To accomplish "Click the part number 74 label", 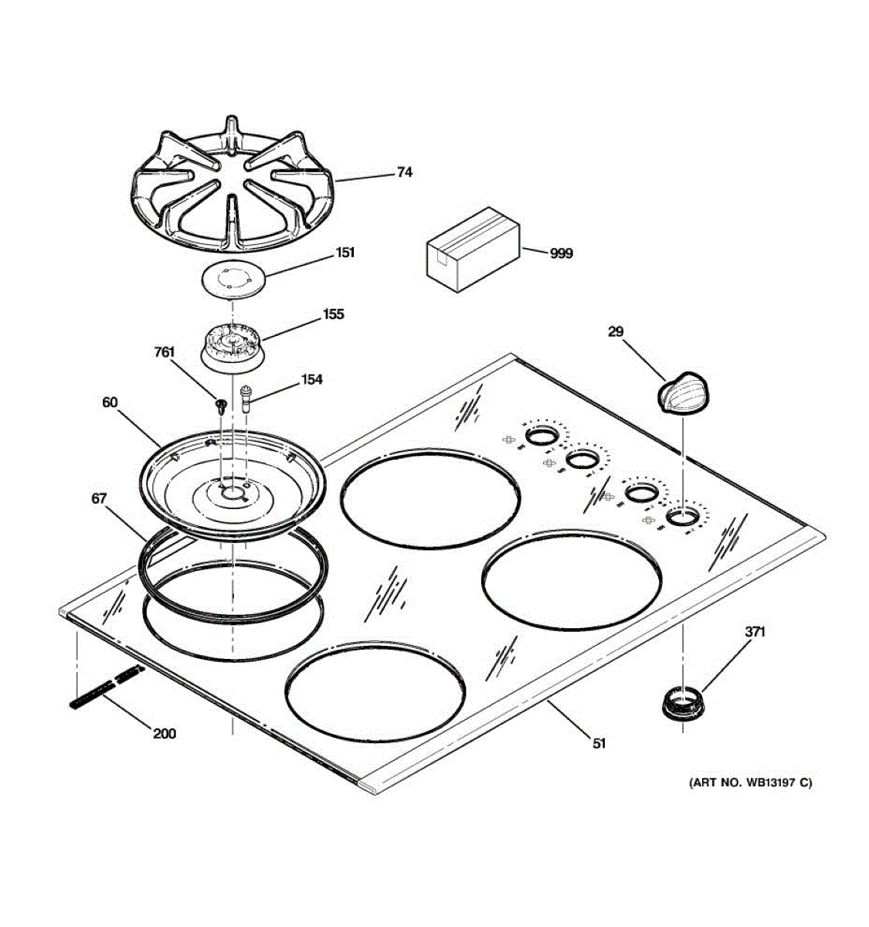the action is [x=404, y=172].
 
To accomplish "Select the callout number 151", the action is [x=345, y=253].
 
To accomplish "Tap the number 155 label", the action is [x=334, y=314].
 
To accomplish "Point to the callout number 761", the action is [x=165, y=352].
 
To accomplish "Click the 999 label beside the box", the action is [x=562, y=253].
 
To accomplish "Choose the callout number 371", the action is [x=755, y=632].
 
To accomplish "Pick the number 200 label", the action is [x=164, y=733].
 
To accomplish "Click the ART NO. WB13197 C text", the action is [x=751, y=783].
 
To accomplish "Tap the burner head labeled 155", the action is [x=232, y=348].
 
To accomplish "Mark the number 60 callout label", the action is [x=110, y=402].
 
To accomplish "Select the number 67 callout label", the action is [x=99, y=499].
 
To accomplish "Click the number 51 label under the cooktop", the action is [x=599, y=743].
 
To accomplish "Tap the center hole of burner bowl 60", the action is [x=233, y=490].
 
